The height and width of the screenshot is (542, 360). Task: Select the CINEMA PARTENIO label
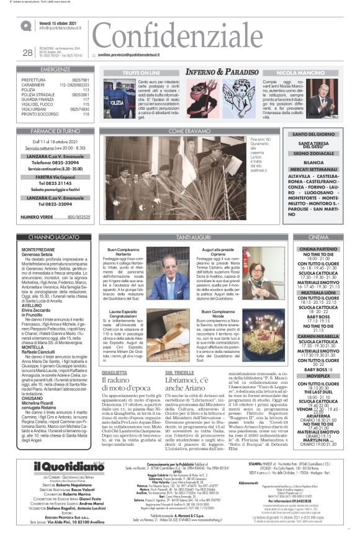[x=326, y=249]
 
